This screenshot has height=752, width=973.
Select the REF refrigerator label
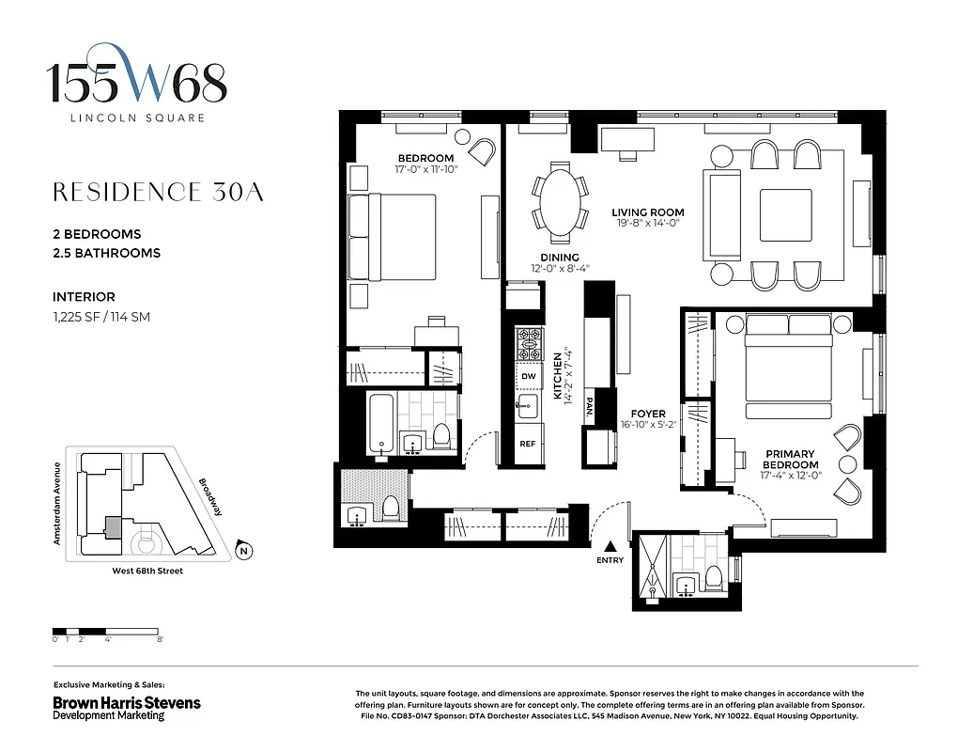(x=528, y=443)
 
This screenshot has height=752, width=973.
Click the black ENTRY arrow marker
(x=610, y=546)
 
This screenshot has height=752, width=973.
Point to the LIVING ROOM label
(x=647, y=212)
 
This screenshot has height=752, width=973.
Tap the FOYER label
(x=648, y=414)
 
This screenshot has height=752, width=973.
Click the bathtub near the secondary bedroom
(x=381, y=425)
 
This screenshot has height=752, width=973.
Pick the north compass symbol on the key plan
(x=243, y=551)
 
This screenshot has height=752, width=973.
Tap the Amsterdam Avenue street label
(x=57, y=504)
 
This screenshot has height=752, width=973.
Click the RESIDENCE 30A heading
(x=158, y=193)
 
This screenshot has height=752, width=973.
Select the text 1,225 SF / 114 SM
(x=101, y=317)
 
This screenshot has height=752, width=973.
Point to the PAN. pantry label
(x=589, y=406)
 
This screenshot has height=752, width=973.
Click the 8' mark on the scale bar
(x=162, y=639)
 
